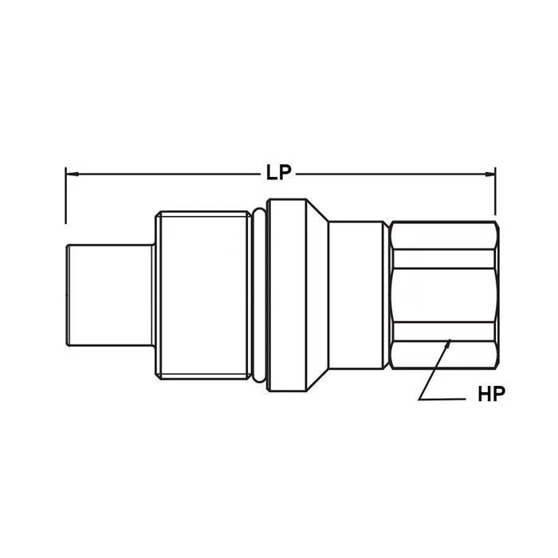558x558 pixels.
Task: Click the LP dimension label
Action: click(x=279, y=172)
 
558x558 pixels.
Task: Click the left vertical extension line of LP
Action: click(x=65, y=195)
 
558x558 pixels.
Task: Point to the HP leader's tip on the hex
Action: click(x=450, y=343)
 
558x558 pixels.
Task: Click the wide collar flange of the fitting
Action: click(x=287, y=295)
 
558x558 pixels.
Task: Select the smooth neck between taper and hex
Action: click(x=359, y=295)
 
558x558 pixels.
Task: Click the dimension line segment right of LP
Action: click(x=391, y=172)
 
